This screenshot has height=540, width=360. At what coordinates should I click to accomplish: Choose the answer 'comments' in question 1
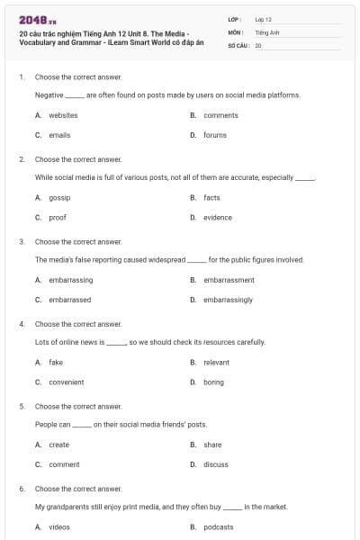coord(220,115)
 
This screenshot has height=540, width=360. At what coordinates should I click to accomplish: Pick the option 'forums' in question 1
coord(215,135)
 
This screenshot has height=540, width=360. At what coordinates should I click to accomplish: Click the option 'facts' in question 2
coord(211,197)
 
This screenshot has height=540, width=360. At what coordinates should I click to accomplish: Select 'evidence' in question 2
coord(217,217)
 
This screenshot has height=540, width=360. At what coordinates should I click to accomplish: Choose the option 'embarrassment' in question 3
coord(229,280)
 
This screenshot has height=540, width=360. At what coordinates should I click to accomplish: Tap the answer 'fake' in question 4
coord(56,362)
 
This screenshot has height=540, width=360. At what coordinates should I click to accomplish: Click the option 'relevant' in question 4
coord(217,362)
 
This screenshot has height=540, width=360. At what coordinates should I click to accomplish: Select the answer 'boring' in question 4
coord(213,382)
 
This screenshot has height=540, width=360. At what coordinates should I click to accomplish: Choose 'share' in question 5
coord(212,445)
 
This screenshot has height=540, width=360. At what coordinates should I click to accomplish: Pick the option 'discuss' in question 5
coord(216,464)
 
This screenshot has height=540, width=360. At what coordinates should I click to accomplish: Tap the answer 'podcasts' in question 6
coord(219,526)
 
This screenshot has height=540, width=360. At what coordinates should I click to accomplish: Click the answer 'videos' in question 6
coord(59,526)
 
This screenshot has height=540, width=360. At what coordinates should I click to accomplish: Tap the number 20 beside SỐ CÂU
coord(258,44)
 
